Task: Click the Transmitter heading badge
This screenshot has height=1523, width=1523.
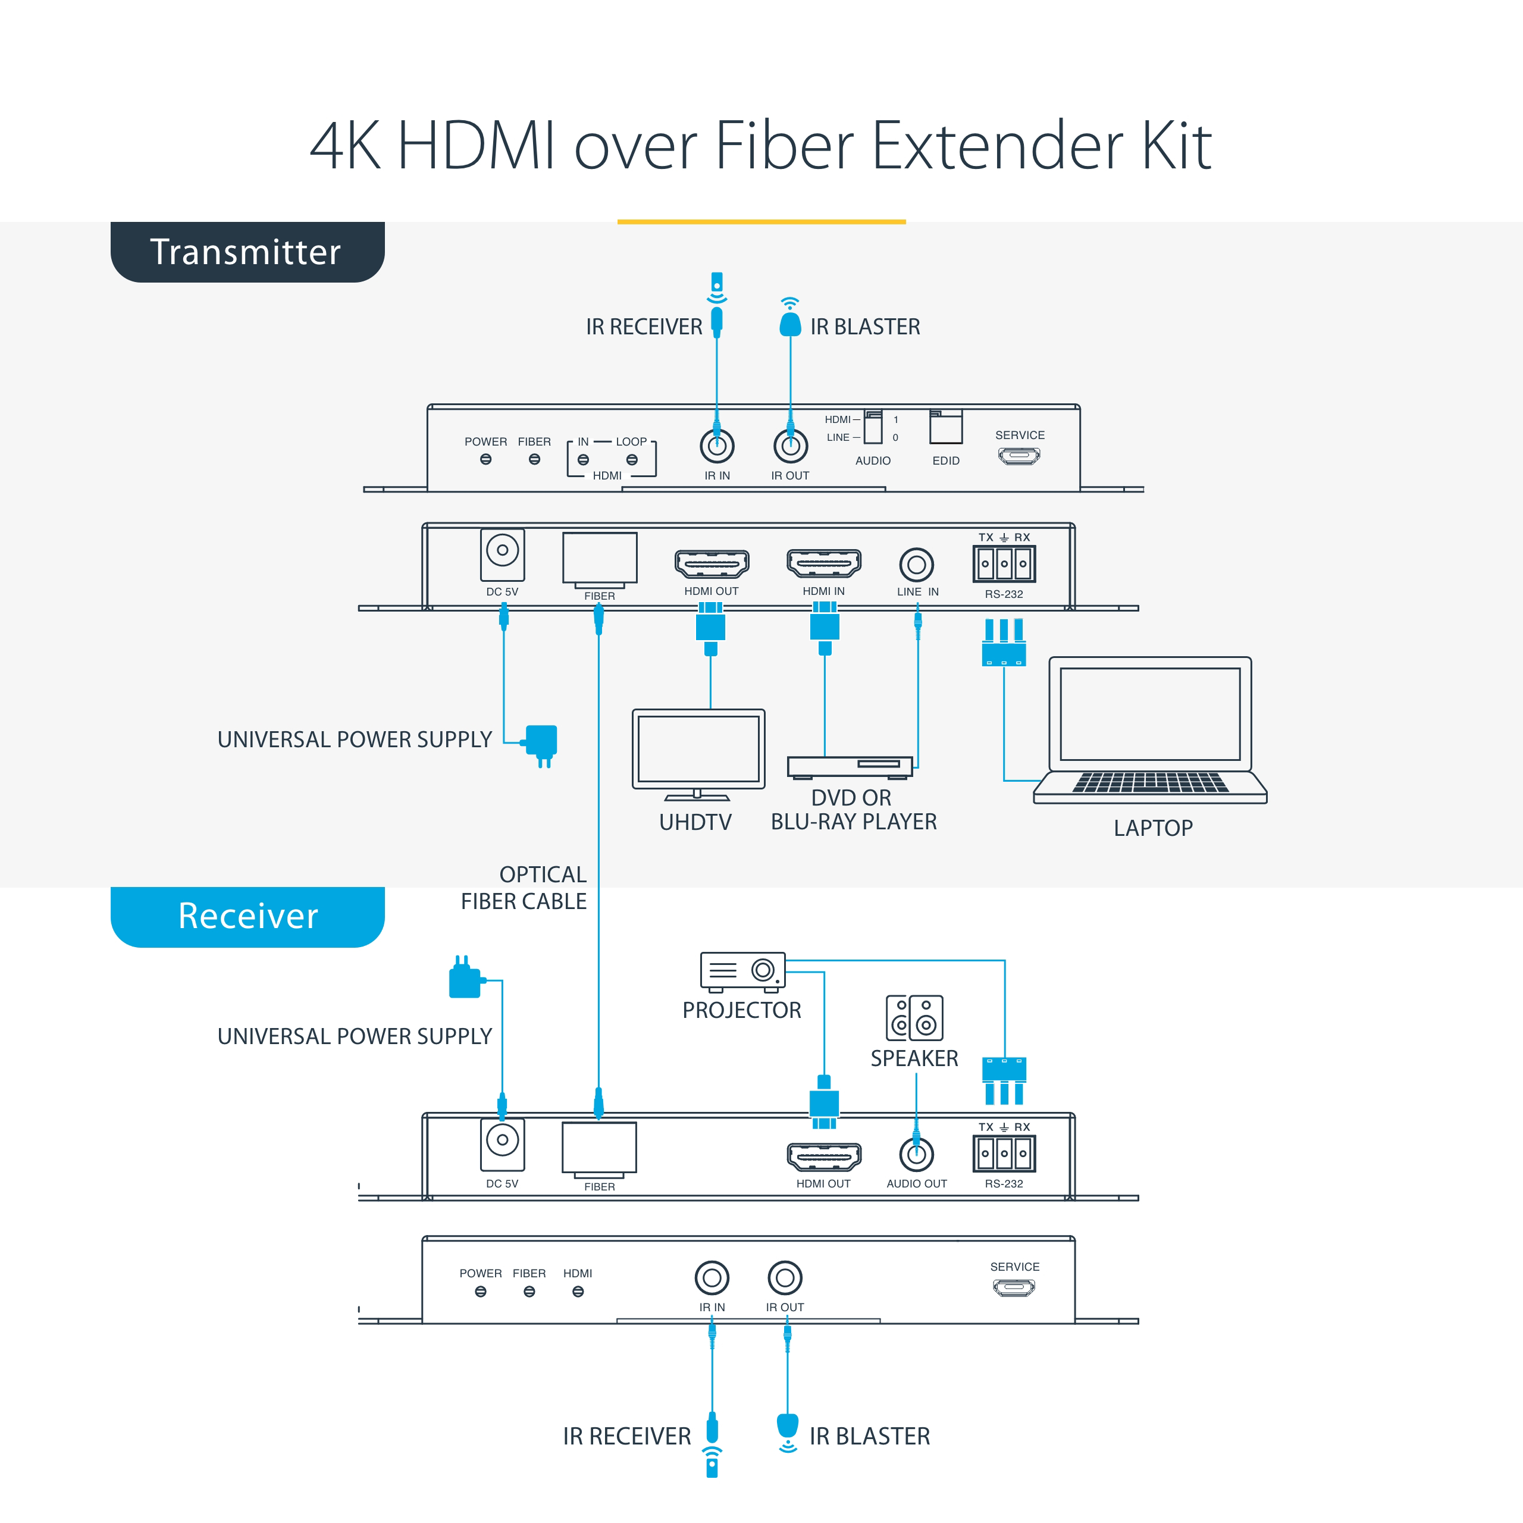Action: point(247,252)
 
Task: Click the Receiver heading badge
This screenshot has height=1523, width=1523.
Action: point(247,917)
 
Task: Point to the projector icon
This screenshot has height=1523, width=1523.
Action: point(742,971)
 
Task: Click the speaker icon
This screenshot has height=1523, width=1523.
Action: point(914,1018)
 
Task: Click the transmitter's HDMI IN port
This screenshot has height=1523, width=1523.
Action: point(824,563)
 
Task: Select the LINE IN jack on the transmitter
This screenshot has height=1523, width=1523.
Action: point(916,565)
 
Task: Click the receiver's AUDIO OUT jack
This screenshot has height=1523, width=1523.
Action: point(916,1155)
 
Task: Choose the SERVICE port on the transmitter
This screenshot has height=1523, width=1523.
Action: point(1019,456)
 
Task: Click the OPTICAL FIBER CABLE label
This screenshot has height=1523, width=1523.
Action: point(524,888)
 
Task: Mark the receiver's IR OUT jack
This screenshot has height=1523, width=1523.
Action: point(785,1278)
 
